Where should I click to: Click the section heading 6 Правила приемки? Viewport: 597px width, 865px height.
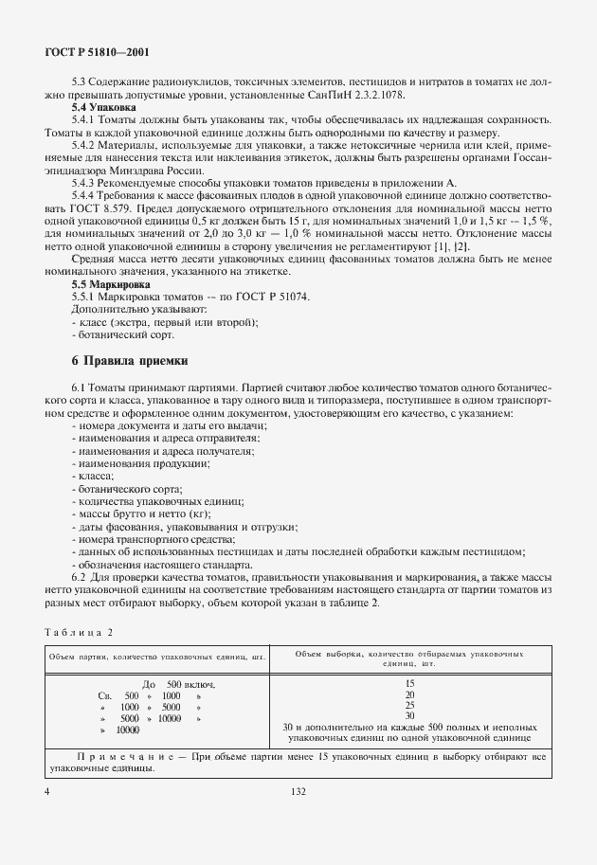[x=131, y=360]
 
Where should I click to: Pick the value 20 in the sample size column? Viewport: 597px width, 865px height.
[x=409, y=694]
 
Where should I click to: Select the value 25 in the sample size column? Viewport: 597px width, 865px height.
[x=409, y=706]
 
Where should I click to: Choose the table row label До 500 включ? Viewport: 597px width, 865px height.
[x=178, y=683]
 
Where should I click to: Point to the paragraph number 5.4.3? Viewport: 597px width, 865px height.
[x=85, y=182]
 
